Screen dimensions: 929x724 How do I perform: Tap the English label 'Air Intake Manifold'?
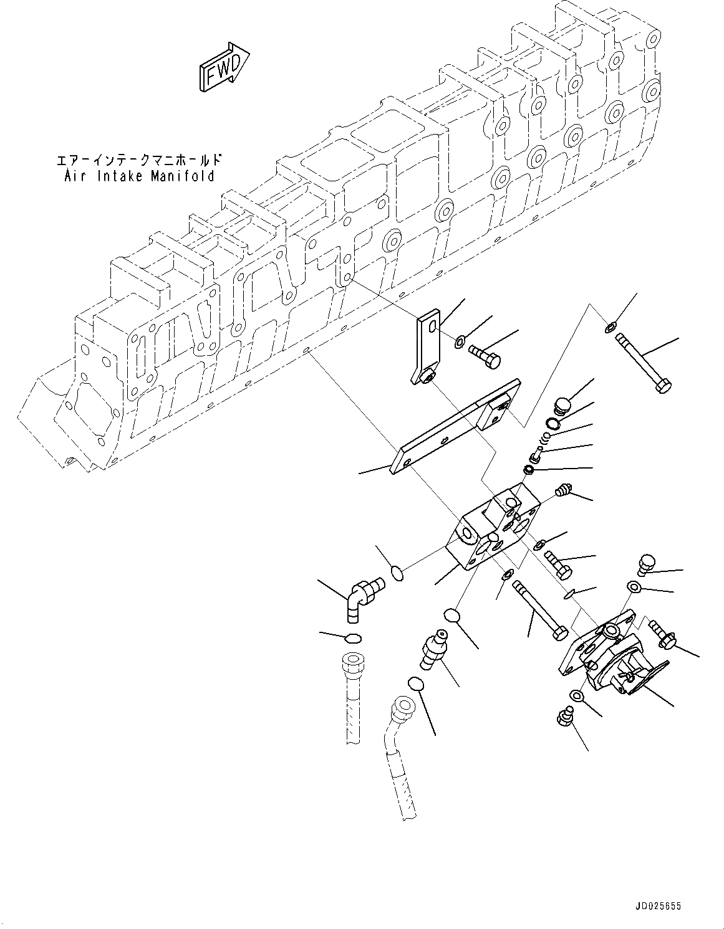coord(139,176)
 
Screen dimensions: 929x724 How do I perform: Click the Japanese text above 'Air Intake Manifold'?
coord(139,161)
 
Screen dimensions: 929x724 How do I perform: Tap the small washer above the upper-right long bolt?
coord(609,326)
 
